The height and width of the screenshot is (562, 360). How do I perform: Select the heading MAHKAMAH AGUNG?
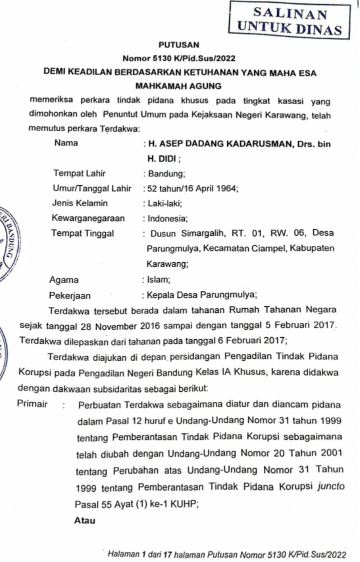[x=179, y=86]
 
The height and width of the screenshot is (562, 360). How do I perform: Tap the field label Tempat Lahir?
[x=79, y=174]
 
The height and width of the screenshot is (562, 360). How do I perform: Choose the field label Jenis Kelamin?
[x=80, y=203]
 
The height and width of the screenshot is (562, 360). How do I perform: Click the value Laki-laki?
[x=164, y=204]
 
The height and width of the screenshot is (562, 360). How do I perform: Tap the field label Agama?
[x=64, y=280]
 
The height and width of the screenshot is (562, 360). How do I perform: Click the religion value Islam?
[x=157, y=280]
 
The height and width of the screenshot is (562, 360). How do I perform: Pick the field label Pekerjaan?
[x=70, y=295]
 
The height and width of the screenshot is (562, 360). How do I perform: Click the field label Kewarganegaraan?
[x=88, y=218]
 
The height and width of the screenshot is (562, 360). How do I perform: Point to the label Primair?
[x=32, y=404]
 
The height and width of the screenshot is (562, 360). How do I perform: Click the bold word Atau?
[x=85, y=520]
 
